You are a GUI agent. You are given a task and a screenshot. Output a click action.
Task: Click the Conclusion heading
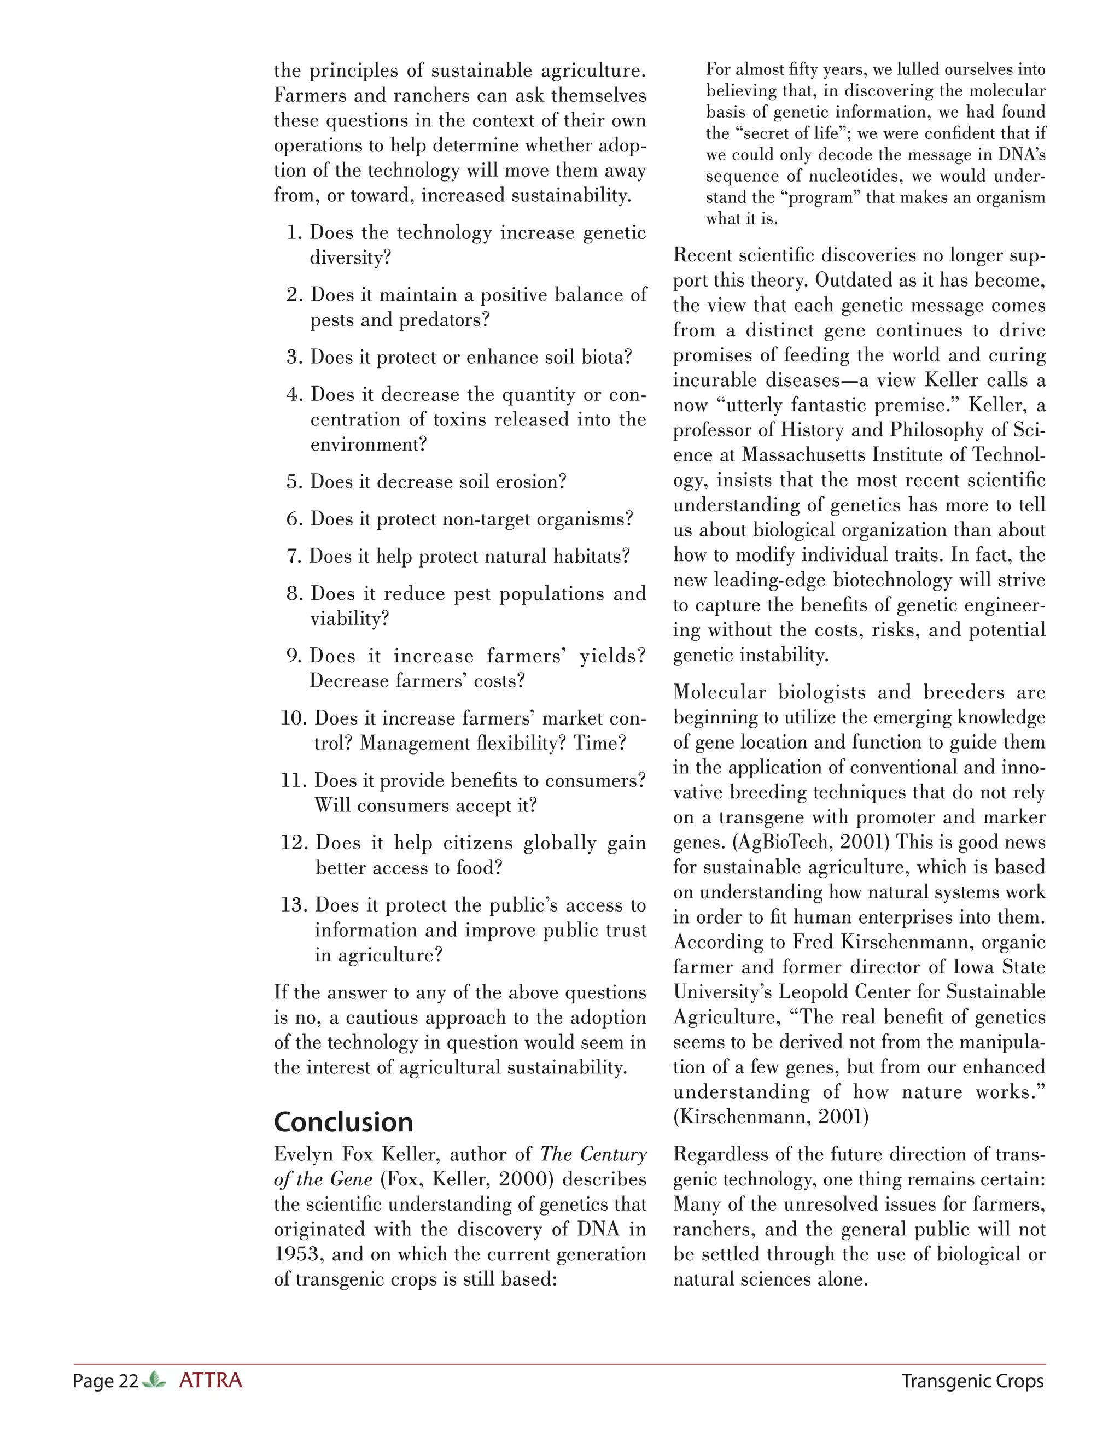(x=343, y=1122)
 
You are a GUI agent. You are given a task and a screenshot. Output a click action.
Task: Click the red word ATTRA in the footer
(x=211, y=1381)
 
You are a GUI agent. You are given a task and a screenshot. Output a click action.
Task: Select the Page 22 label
(x=106, y=1381)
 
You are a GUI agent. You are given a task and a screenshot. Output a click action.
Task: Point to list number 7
(x=294, y=556)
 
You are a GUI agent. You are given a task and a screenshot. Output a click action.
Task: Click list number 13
(x=291, y=905)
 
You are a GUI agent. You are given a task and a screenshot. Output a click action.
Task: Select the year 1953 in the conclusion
(x=297, y=1254)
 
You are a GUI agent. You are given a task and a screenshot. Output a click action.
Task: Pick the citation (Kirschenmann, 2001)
(x=771, y=1117)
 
